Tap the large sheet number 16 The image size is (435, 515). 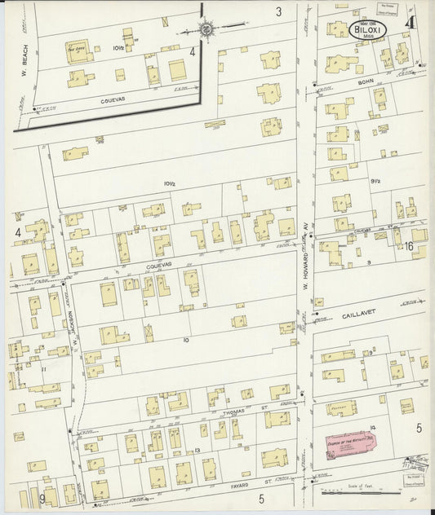[x=409, y=245]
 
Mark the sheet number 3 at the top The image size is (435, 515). [x=278, y=11]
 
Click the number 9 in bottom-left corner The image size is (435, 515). [x=41, y=497]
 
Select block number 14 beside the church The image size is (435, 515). [x=371, y=427]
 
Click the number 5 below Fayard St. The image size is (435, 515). [x=262, y=497]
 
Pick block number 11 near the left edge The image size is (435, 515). [x=42, y=369]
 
